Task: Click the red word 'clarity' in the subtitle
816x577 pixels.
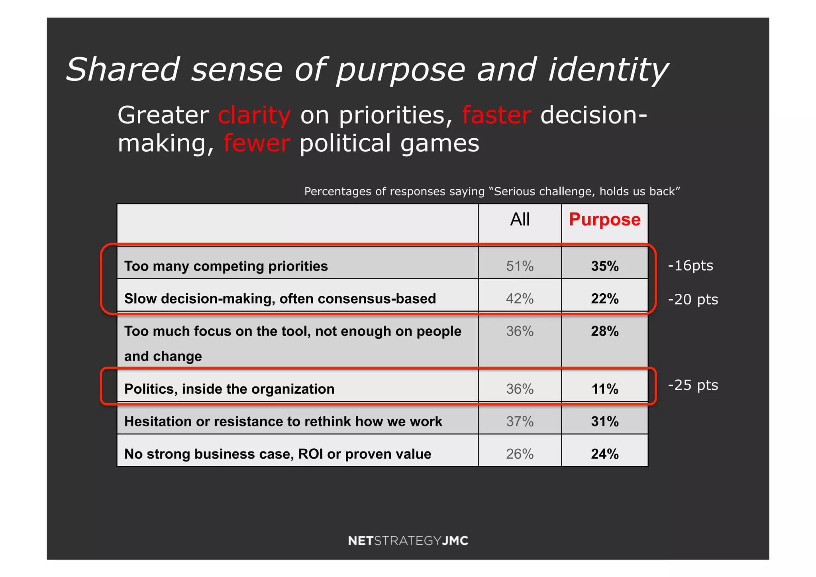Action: pyautogui.click(x=254, y=116)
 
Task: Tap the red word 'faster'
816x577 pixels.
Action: pyautogui.click(x=496, y=116)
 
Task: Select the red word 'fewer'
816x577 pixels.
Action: pyautogui.click(x=257, y=143)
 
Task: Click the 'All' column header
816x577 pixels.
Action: pyautogui.click(x=520, y=220)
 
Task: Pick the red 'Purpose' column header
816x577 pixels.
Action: pyautogui.click(x=604, y=220)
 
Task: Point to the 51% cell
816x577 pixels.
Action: pyautogui.click(x=520, y=266)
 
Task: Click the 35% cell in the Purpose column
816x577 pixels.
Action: pyautogui.click(x=604, y=266)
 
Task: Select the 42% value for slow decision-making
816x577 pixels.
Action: pyautogui.click(x=520, y=298)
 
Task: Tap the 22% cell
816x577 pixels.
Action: pyautogui.click(x=604, y=298)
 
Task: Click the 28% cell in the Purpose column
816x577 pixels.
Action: pyautogui.click(x=604, y=331)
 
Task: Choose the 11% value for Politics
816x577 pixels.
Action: pyautogui.click(x=604, y=389)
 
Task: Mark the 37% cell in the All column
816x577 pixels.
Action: pyautogui.click(x=520, y=422)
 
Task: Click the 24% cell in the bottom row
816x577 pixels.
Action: pyautogui.click(x=604, y=454)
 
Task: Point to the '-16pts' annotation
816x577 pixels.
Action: pyautogui.click(x=690, y=266)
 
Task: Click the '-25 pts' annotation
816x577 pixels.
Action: pyautogui.click(x=693, y=385)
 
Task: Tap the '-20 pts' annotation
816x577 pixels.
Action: pyautogui.click(x=693, y=300)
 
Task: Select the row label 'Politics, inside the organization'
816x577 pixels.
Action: pyautogui.click(x=229, y=389)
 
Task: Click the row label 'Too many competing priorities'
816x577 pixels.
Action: pyautogui.click(x=226, y=266)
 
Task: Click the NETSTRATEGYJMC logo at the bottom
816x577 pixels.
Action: pyautogui.click(x=408, y=541)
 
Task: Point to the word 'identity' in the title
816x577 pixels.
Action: pyautogui.click(x=608, y=70)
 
